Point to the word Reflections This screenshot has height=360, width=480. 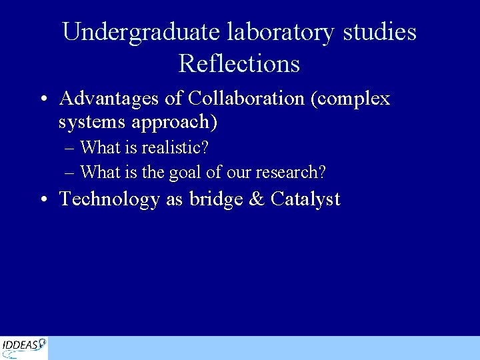[x=239, y=64]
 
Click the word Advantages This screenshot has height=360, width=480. [x=109, y=99]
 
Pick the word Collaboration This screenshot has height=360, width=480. [x=246, y=99]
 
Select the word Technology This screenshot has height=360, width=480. [x=110, y=199]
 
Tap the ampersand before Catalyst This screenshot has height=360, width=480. [x=256, y=199]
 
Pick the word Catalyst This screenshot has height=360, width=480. [x=305, y=199]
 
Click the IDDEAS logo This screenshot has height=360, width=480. [x=24, y=347]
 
